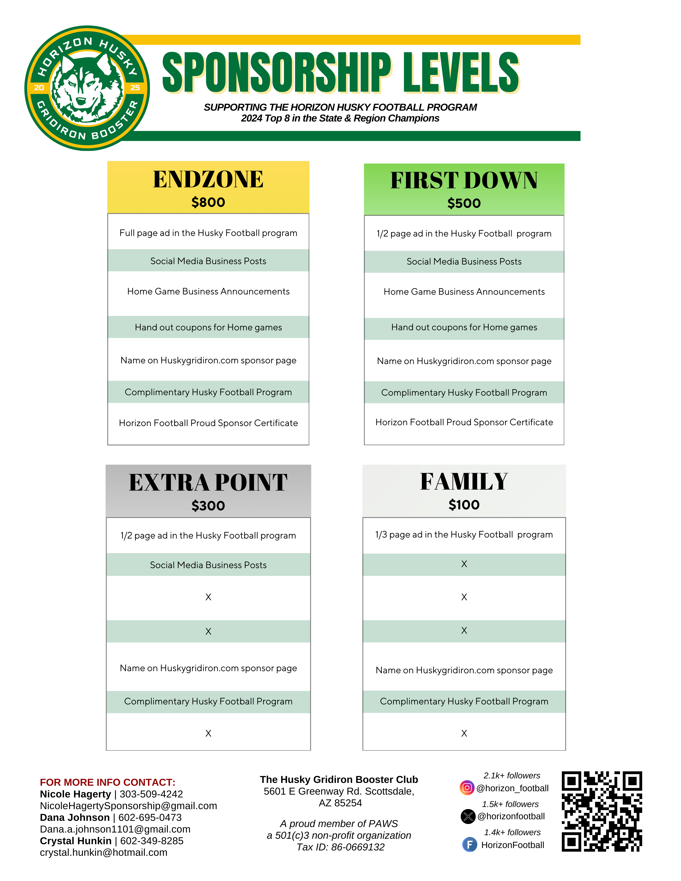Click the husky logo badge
(87, 88)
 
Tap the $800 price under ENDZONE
(208, 202)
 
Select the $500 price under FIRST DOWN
(464, 203)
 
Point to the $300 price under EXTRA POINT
(208, 505)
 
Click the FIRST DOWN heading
(464, 180)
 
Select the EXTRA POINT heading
(208, 483)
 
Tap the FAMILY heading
(464, 482)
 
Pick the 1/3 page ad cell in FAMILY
(464, 535)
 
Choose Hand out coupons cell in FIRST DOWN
(464, 327)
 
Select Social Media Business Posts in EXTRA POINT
(208, 565)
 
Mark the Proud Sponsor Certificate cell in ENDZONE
(208, 423)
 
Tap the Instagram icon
(467, 788)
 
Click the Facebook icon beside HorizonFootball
(469, 844)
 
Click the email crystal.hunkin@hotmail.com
(103, 852)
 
